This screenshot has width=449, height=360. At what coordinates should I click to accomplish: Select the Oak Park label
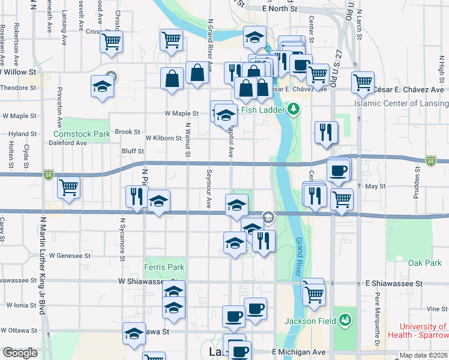point(424,263)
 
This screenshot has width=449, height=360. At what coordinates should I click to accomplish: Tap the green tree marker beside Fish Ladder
point(293,109)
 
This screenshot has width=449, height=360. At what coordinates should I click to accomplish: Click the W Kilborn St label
point(163,138)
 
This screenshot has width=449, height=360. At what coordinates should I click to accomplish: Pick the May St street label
point(375,187)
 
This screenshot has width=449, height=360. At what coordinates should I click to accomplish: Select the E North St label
point(280,10)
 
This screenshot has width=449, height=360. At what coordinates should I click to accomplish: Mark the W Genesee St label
point(70,255)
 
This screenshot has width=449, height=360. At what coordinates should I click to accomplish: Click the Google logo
point(20,353)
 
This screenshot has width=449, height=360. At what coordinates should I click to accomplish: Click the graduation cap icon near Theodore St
point(102,87)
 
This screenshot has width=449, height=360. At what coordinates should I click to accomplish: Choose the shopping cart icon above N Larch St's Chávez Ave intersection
point(363,82)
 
